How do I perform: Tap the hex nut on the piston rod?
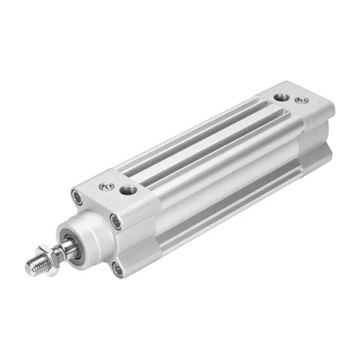click(x=51, y=259)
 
